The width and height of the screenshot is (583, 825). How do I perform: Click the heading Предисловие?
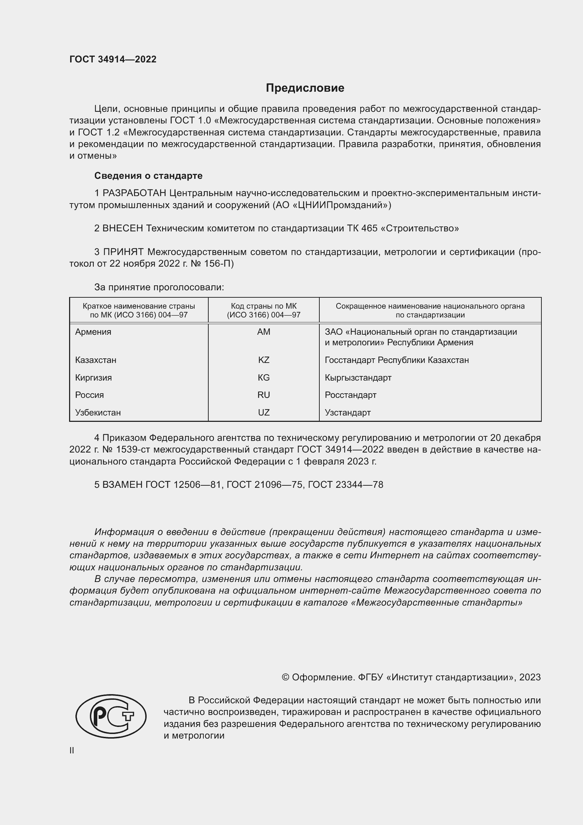(x=305, y=88)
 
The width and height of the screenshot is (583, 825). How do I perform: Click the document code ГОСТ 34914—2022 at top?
(x=113, y=59)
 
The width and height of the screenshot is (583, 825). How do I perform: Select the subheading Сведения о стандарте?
(x=148, y=176)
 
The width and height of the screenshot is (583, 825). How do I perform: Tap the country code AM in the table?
(x=264, y=332)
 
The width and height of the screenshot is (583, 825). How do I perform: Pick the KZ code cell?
(x=264, y=360)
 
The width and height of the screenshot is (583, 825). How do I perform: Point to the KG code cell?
(x=264, y=377)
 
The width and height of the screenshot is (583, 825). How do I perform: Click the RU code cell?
(x=264, y=395)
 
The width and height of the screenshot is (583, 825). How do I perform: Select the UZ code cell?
(x=264, y=413)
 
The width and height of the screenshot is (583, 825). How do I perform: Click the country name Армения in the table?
(x=93, y=332)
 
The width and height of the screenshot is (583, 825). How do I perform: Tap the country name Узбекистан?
(x=98, y=413)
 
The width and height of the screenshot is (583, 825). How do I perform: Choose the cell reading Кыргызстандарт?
(x=358, y=377)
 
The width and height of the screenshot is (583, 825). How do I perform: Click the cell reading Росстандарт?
(x=350, y=395)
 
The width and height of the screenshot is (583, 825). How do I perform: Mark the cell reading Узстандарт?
(x=348, y=413)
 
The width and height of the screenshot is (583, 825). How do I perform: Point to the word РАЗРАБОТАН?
(x=134, y=193)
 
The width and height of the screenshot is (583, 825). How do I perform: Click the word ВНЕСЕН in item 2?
(x=122, y=228)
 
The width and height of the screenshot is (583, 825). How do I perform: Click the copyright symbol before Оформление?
(x=286, y=677)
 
